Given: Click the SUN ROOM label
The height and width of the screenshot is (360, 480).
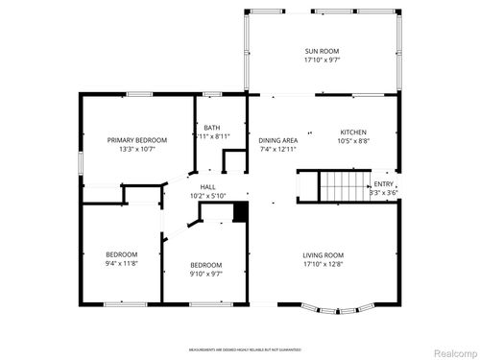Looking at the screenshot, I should tap(322, 51).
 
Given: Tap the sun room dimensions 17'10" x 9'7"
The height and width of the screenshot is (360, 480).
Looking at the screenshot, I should tap(322, 60).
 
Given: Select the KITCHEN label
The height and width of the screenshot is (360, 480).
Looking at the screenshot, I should tap(354, 132).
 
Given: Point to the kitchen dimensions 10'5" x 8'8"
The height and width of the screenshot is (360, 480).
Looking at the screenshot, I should tap(354, 141).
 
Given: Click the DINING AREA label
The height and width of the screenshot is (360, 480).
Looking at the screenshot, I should tap(277, 140).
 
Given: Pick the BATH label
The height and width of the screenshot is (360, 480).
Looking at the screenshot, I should tap(211, 128).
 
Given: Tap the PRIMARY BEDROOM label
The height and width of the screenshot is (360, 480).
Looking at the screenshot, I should tap(137, 140).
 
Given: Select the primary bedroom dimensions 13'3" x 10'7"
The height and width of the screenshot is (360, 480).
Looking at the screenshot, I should tap(137, 150).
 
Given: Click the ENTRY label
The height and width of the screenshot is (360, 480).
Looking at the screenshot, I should tap(383, 184).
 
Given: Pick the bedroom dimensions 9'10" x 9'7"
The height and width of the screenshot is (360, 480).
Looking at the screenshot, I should tap(205, 274).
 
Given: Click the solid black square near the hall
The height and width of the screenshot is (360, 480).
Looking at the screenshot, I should tap(241, 211).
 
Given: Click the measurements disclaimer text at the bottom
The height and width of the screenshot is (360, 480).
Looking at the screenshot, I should tap(244, 350).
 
